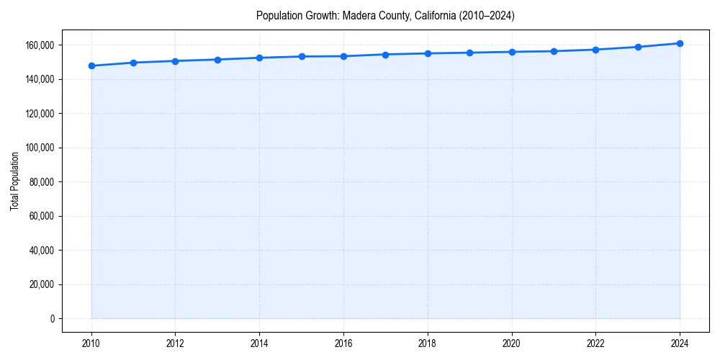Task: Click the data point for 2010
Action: (91, 66)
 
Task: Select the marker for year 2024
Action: (680, 43)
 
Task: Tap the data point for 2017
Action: (385, 55)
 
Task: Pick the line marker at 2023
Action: (638, 47)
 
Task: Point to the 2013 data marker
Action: (217, 60)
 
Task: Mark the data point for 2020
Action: (512, 52)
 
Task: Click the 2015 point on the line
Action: (302, 56)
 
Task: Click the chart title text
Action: (385, 15)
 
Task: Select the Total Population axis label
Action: (14, 181)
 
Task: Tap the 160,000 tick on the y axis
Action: (40, 45)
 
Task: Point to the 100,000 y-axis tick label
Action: (40, 148)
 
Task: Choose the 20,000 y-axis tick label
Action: (42, 284)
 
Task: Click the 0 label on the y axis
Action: (52, 319)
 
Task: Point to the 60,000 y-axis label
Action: (42, 216)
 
